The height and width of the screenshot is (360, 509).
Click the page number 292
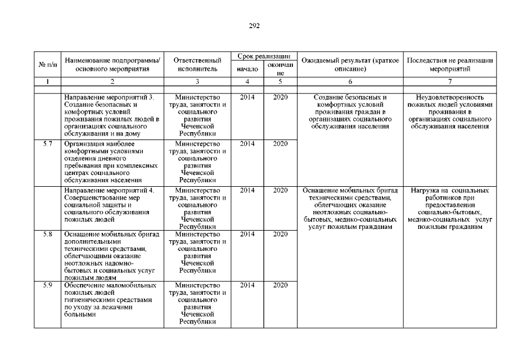coord(254,26)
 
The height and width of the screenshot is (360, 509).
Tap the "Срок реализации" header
coord(263,56)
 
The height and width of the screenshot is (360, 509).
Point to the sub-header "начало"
coord(247,69)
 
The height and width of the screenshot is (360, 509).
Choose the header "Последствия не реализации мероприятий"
coord(449,65)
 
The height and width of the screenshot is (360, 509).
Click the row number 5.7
coord(48,144)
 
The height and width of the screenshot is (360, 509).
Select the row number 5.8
coord(48,233)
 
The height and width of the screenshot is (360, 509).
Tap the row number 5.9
coord(48,285)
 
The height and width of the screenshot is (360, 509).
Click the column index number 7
coord(449,82)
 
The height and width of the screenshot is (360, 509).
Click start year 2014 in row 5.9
coord(247,285)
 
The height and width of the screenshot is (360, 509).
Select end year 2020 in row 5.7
coord(280,144)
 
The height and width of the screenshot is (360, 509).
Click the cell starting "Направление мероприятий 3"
coord(112,115)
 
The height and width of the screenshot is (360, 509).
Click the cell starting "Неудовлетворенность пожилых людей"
coord(449,111)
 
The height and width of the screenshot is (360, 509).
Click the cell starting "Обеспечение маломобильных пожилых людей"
coord(112,300)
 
